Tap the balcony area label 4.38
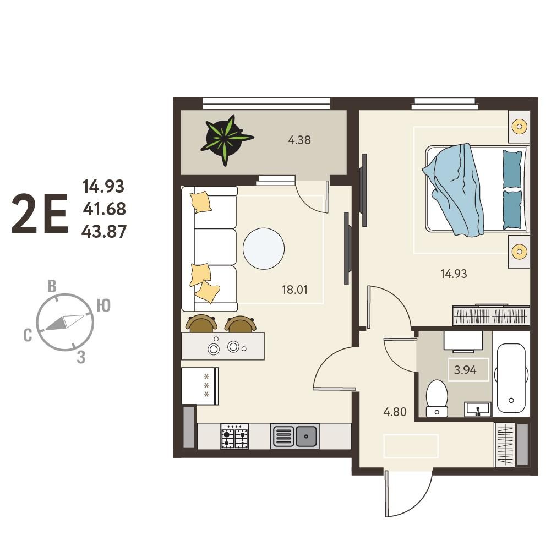click(299, 140)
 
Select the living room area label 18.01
click(294, 290)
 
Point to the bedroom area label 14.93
click(454, 274)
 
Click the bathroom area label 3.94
click(465, 370)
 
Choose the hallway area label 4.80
click(395, 412)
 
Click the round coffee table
click(264, 248)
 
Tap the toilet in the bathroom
click(437, 398)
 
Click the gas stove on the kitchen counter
click(234, 436)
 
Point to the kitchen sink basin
click(305, 436)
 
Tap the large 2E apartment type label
click(40, 214)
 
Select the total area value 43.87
click(104, 232)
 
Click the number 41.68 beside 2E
click(105, 209)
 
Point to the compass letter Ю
click(103, 305)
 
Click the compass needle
click(64, 323)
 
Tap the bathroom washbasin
click(478, 410)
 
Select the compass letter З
click(81, 357)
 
